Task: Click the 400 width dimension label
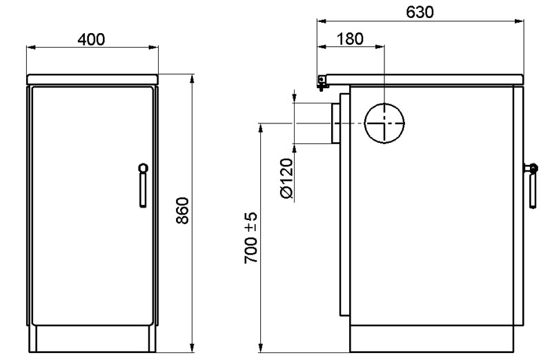(x=91, y=39)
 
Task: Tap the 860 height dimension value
(x=182, y=211)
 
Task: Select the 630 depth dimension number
(x=420, y=12)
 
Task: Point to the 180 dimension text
(x=350, y=39)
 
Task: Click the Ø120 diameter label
(x=287, y=179)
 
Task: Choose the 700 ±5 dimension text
(x=251, y=238)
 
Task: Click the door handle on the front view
(x=143, y=185)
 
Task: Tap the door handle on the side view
(x=531, y=186)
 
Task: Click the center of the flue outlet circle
(x=384, y=123)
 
